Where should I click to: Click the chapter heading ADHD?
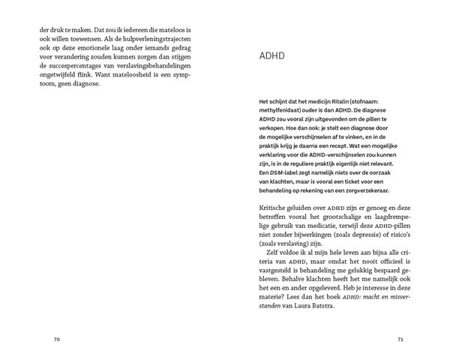pos(271,55)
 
